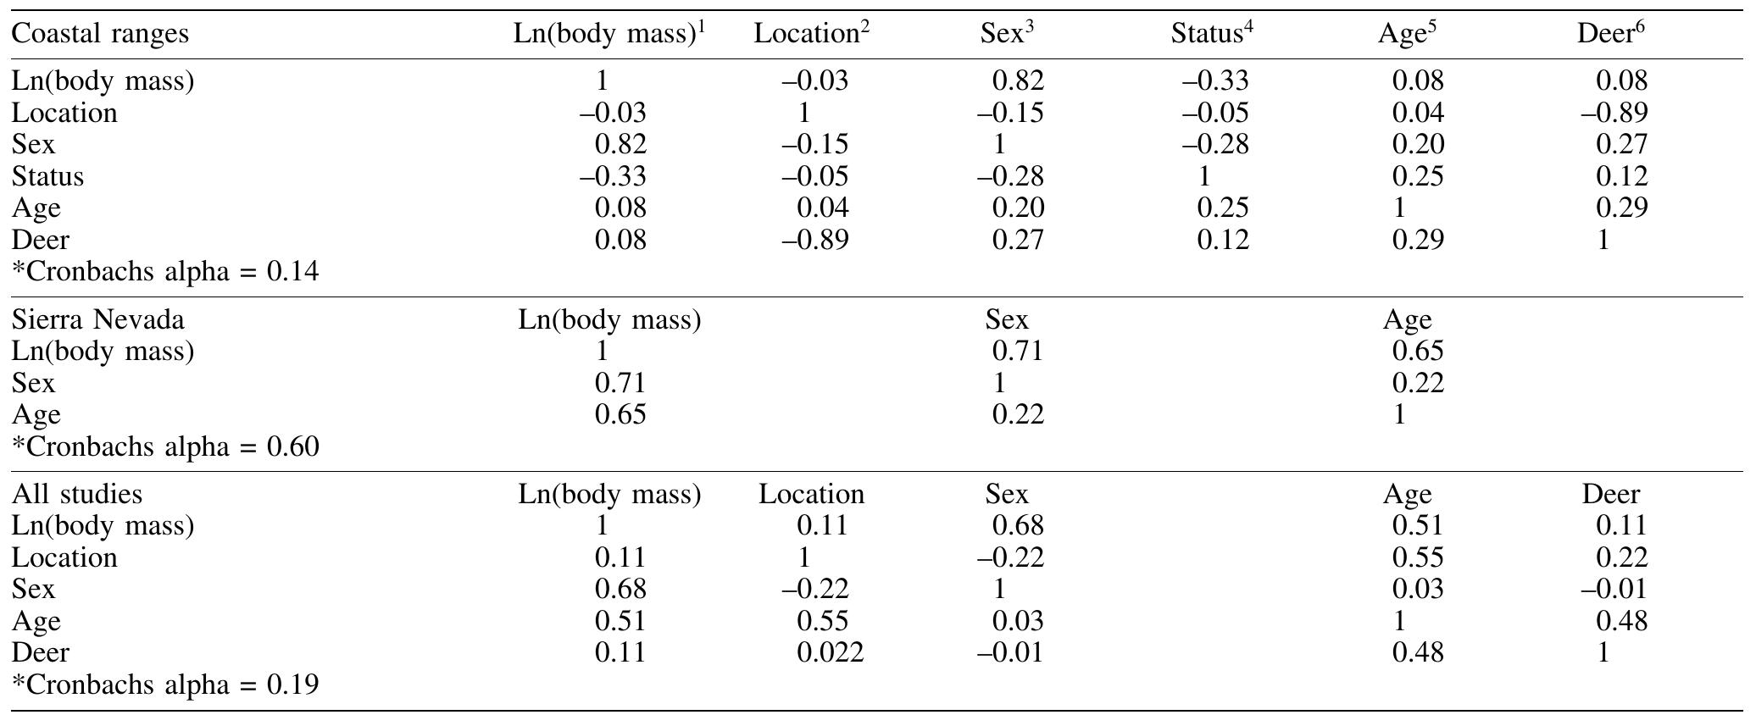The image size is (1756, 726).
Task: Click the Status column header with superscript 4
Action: point(1211,34)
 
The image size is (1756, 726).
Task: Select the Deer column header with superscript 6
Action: point(1609,34)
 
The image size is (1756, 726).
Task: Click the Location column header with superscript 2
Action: point(811,34)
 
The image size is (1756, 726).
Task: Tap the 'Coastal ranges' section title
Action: point(100,34)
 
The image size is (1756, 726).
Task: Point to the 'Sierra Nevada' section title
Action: point(97,319)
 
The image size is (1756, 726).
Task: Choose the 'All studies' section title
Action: point(77,494)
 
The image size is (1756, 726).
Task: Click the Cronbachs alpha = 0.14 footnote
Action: point(165,272)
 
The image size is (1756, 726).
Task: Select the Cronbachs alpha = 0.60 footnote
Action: point(165,446)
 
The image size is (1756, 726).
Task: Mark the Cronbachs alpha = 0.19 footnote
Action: point(165,684)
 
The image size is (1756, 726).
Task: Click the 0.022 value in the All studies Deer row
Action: point(830,652)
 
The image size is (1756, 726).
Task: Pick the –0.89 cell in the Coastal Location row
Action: point(1613,113)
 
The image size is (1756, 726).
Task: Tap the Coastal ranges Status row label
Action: point(47,176)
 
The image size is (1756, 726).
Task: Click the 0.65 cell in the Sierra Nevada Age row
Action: point(620,414)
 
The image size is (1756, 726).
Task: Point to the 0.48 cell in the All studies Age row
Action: point(1621,621)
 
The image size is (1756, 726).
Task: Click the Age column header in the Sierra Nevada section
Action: point(1407,319)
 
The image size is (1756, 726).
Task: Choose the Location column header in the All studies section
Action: point(811,494)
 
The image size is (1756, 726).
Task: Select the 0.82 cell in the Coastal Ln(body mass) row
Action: point(1018,81)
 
